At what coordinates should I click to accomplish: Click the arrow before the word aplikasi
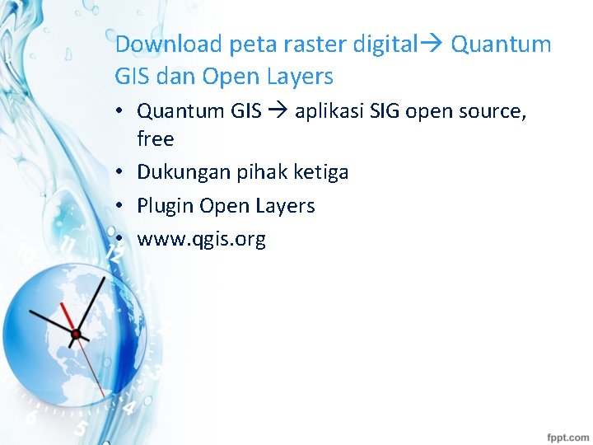point(278,110)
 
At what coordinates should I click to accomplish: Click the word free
point(155,139)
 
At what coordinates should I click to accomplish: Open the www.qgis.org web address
point(201,240)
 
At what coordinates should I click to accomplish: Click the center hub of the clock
point(76,334)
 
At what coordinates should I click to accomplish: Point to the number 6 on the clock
point(31,418)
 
